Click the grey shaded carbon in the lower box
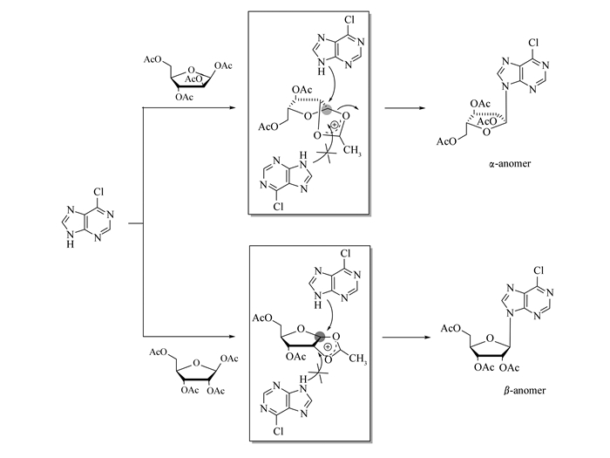[322, 336]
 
